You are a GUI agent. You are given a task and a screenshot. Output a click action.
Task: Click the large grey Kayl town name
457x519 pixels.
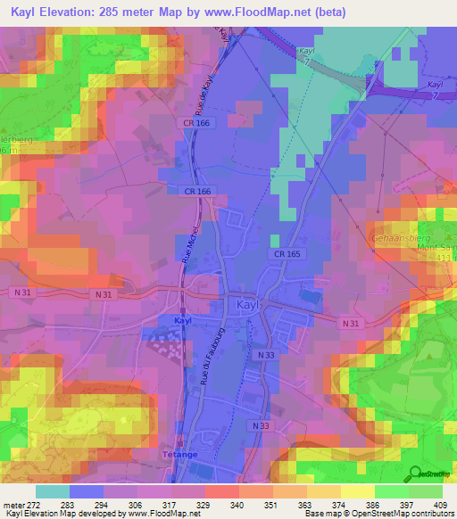click(251, 305)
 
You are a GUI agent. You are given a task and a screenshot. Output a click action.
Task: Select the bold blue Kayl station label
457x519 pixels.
click(183, 319)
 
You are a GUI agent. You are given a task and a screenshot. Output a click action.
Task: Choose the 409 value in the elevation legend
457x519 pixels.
click(441, 505)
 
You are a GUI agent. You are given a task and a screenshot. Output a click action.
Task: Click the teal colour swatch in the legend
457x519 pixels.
click(53, 492)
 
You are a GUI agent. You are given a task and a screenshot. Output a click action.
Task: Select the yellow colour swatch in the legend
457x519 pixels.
click(357, 492)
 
